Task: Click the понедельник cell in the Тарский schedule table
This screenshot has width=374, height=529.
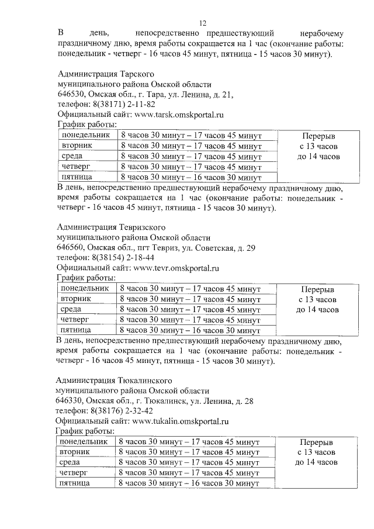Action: tap(85, 136)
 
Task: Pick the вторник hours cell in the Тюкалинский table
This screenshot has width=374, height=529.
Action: tap(188, 452)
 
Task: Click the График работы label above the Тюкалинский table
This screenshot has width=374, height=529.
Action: tap(85, 431)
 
